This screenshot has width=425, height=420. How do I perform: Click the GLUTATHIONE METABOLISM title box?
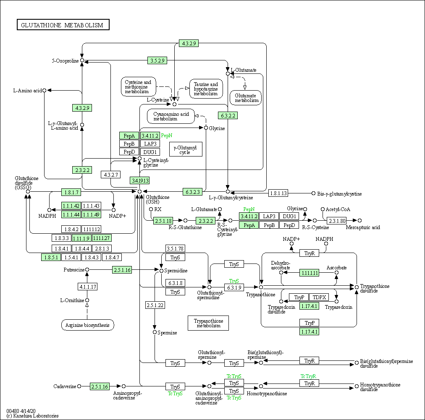63,25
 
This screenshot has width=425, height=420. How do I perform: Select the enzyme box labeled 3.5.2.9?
157,60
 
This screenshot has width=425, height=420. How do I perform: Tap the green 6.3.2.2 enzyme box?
228,115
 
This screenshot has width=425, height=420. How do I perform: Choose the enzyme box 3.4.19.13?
140,180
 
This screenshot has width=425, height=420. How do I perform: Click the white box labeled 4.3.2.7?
110,175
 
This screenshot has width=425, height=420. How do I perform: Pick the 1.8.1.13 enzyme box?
278,193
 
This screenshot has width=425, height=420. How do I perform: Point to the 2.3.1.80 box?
337,221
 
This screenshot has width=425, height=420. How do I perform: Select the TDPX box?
319,297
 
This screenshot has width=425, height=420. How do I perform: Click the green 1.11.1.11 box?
309,273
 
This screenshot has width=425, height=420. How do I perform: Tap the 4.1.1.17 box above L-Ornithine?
87,287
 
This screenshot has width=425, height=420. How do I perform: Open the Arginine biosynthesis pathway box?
87,325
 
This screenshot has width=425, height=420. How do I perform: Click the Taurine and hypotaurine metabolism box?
206,89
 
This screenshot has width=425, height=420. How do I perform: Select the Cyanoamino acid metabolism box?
171,116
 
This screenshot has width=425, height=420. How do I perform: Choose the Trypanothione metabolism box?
208,323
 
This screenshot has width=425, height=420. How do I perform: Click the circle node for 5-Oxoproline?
82,60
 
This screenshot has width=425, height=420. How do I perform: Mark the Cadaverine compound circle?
79,386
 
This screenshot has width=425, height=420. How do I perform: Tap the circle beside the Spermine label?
155,332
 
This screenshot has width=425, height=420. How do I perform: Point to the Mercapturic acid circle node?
359,220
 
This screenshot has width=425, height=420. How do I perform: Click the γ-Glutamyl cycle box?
186,149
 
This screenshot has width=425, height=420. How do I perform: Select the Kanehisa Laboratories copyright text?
32,416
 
